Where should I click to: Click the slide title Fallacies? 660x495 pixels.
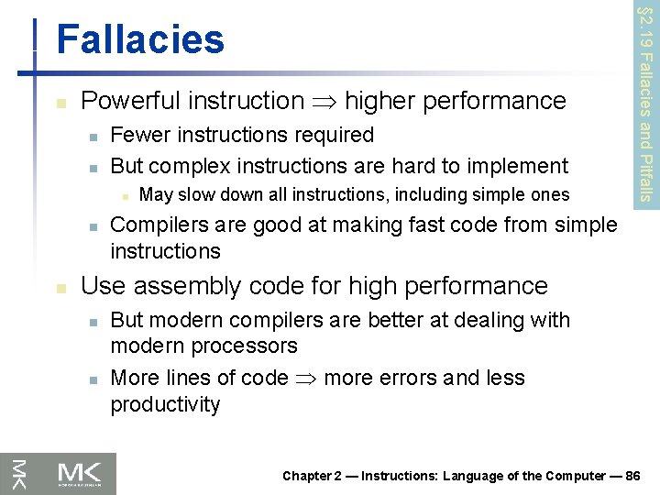[139, 39]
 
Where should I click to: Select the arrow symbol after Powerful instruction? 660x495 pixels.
[324, 101]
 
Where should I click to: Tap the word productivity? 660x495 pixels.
[165, 404]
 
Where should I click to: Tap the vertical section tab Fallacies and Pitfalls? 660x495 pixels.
[645, 101]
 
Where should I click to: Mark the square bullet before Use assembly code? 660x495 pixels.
[60, 288]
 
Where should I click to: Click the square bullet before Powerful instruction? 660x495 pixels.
[60, 102]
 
